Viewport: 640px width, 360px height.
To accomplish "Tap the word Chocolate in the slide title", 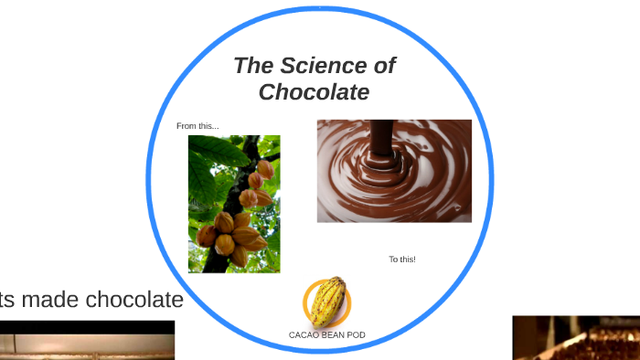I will coord(314,92).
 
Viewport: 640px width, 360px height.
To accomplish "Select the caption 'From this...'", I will coord(197,126).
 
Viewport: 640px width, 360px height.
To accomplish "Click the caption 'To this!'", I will coord(402,259).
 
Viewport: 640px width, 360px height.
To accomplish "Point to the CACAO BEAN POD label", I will coord(326,335).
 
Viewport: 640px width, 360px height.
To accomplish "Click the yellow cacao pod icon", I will coord(327,302).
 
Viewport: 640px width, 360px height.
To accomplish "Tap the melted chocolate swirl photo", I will coord(394,171).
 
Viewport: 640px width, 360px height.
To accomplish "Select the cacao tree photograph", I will coord(234,204).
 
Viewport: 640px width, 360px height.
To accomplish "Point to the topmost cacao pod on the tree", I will coord(264,169).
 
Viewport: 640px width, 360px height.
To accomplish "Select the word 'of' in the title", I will coord(385,66).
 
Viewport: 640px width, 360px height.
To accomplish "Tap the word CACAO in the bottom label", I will coord(303,335).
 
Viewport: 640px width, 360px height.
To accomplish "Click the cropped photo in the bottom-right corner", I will coord(576,338).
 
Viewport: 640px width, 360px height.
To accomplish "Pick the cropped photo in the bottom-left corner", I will coord(87,341).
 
